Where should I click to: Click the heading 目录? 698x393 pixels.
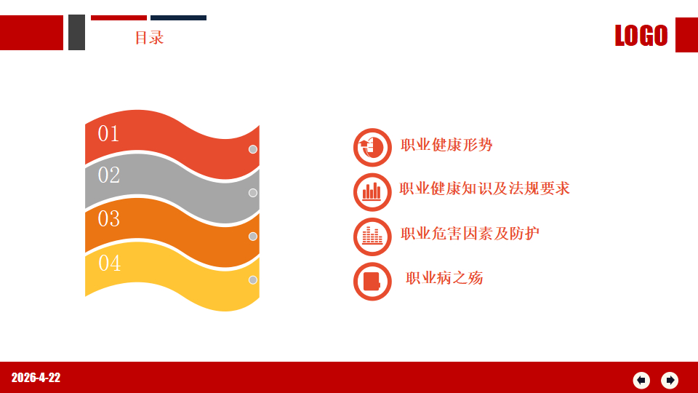click(x=150, y=37)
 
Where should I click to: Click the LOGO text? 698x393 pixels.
click(x=641, y=35)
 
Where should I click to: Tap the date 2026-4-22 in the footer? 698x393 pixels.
click(x=36, y=378)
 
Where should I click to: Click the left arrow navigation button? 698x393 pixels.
click(x=641, y=380)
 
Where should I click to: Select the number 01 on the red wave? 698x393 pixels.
click(x=108, y=134)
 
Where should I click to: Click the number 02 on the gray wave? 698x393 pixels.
click(x=109, y=175)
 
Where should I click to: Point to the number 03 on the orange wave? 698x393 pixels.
click(x=109, y=219)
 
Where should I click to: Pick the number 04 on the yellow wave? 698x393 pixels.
click(x=110, y=263)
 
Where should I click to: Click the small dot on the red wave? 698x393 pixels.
click(x=253, y=149)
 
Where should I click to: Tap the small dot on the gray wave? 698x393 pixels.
click(x=253, y=193)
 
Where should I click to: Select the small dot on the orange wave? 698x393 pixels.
click(x=253, y=236)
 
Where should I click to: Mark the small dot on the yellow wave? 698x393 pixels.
click(x=253, y=279)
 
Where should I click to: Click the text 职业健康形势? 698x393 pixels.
click(x=446, y=145)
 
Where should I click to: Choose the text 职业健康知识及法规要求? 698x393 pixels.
click(x=484, y=188)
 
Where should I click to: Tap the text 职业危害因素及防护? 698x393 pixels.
click(x=470, y=234)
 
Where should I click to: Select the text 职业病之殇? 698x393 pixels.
click(x=444, y=278)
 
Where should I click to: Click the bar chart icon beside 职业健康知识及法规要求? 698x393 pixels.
click(x=372, y=192)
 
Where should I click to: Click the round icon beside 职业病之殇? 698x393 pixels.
click(x=372, y=281)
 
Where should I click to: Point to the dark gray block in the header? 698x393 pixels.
click(x=76, y=32)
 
